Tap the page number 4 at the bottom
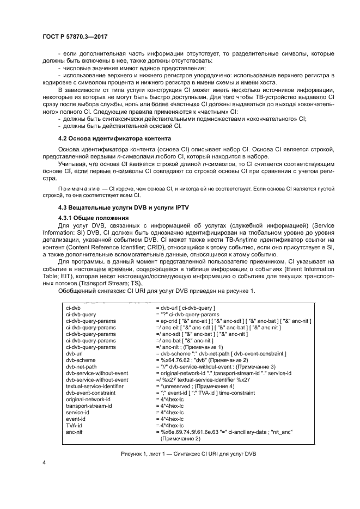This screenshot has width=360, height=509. pos(43,463)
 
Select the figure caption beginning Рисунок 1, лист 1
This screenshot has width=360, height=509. pos(180,453)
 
